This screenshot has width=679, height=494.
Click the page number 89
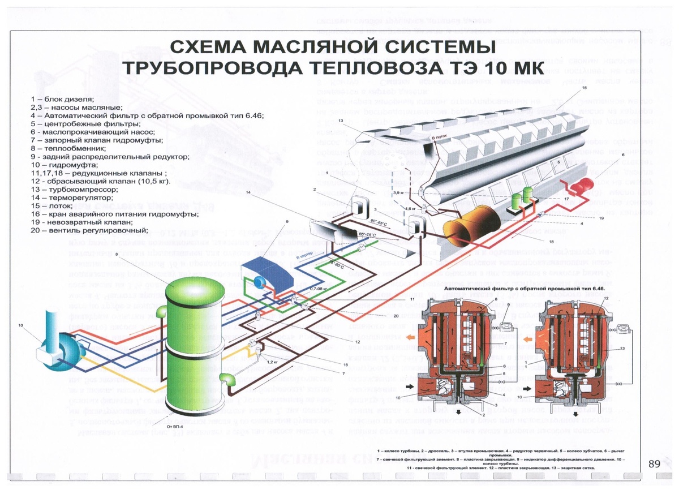point(654,463)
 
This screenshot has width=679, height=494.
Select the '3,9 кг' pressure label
point(398,193)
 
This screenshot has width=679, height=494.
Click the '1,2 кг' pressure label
point(271,360)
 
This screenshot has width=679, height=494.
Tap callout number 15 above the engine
point(584,88)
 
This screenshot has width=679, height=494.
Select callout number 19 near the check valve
point(601,217)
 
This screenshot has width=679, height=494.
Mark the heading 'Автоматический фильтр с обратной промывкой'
point(524,288)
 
